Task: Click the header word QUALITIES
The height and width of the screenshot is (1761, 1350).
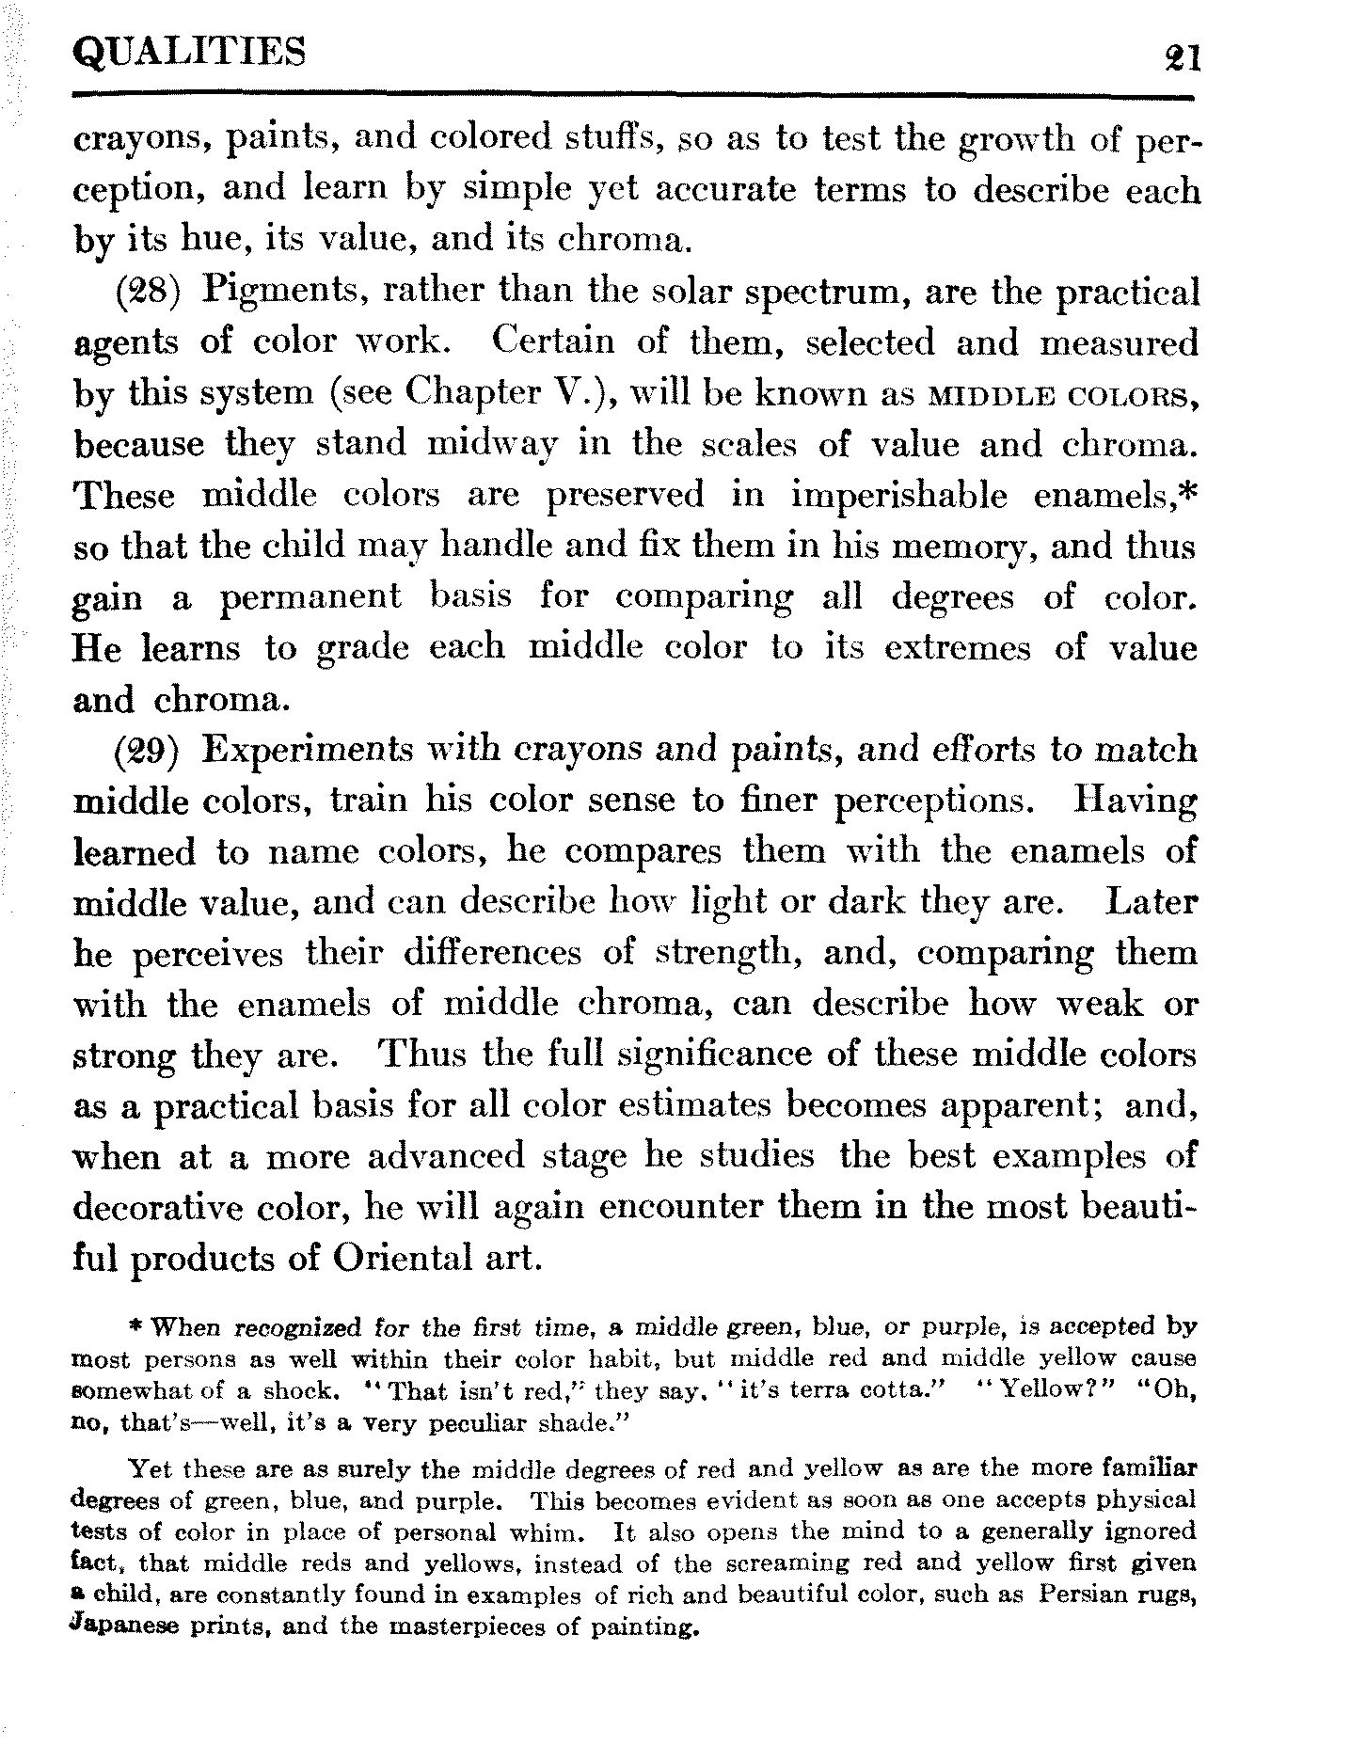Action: [x=190, y=52]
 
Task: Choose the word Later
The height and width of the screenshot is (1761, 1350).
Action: [x=1151, y=903]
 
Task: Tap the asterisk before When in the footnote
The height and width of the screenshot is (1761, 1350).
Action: [x=135, y=1328]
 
